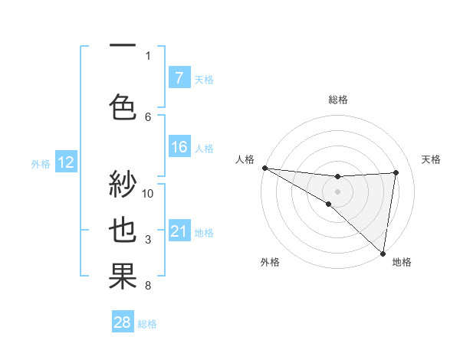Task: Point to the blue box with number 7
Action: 179,77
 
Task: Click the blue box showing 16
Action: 179,147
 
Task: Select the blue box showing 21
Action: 179,231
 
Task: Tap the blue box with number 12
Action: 65,162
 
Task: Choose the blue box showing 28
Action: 123,322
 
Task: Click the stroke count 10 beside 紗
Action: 149,193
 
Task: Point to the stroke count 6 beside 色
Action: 148,116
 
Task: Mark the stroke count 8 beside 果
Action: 148,286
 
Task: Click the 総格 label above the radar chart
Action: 337,100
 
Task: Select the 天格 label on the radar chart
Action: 432,159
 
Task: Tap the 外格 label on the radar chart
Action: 270,262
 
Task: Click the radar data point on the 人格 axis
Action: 264,168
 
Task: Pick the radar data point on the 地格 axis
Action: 383,252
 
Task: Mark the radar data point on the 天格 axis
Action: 396,172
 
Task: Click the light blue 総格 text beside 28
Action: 148,324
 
